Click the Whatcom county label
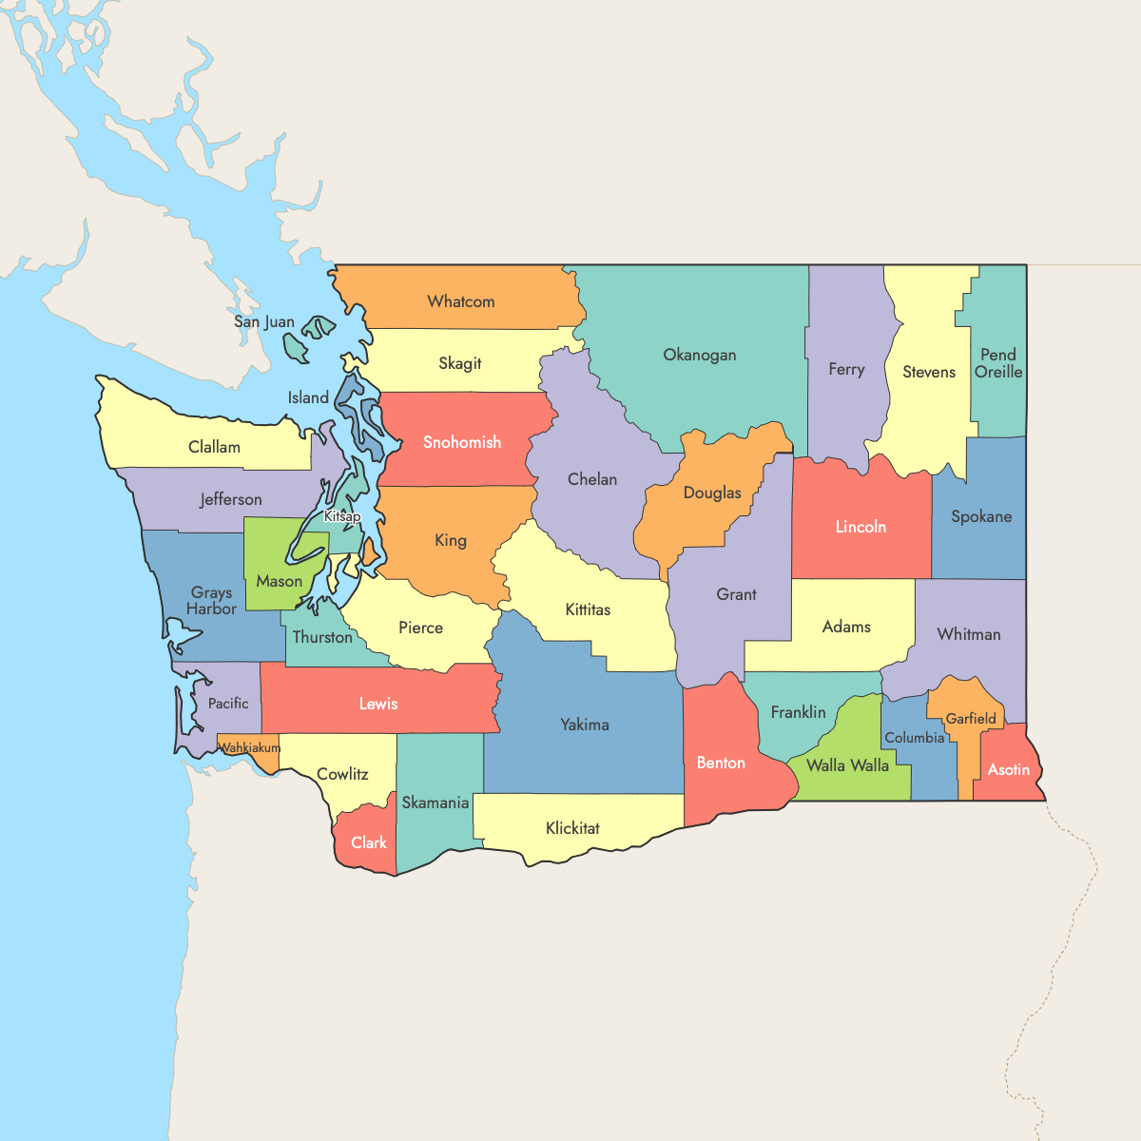click(461, 301)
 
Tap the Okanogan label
click(700, 355)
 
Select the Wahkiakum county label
click(250, 748)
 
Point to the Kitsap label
click(342, 516)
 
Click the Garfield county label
click(971, 719)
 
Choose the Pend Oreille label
click(998, 363)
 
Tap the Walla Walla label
click(847, 765)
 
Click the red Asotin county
click(1009, 769)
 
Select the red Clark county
click(368, 842)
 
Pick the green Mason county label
click(280, 581)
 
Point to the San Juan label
click(264, 321)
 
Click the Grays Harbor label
click(211, 601)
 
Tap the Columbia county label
click(915, 738)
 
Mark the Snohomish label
click(462, 442)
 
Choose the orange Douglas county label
click(712, 493)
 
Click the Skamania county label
click(435, 803)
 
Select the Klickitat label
click(572, 828)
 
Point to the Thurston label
click(322, 637)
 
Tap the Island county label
click(308, 397)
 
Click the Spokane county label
click(981, 516)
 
